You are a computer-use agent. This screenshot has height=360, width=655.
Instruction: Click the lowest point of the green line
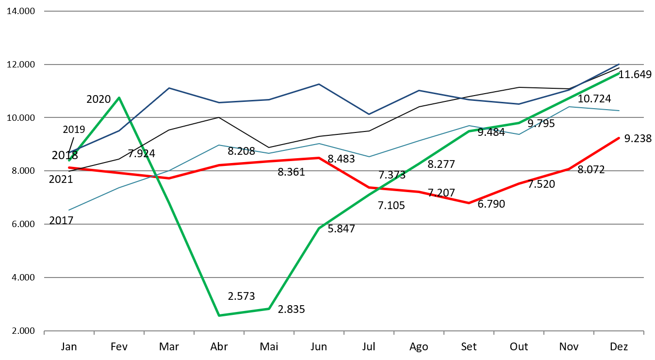[x=219, y=315]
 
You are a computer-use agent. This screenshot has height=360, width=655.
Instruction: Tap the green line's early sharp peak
[x=119, y=98]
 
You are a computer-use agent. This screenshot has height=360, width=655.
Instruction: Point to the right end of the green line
[x=620, y=73]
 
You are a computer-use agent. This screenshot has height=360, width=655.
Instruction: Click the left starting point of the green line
[x=69, y=160]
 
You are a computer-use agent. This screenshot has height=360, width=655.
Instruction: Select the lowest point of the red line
[x=469, y=203]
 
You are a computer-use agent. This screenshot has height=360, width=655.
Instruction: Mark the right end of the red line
[x=620, y=138]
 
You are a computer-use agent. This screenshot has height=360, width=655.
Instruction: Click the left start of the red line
[x=69, y=167]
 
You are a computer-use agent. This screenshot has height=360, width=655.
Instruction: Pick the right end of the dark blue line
[x=620, y=64]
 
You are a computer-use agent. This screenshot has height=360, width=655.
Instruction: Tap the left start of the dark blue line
[x=69, y=152]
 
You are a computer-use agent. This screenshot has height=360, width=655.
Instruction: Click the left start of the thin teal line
[x=69, y=210]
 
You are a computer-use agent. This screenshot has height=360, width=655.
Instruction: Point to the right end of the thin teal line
[x=620, y=111]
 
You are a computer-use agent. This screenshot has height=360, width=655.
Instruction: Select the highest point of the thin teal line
[x=569, y=107]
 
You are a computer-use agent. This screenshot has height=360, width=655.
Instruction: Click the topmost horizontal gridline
[x=344, y=11]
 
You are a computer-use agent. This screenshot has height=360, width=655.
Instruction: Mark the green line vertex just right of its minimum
[x=269, y=309]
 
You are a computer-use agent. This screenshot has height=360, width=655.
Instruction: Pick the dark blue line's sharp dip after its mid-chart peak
[x=369, y=114]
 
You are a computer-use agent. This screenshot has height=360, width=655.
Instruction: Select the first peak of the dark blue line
[x=169, y=88]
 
